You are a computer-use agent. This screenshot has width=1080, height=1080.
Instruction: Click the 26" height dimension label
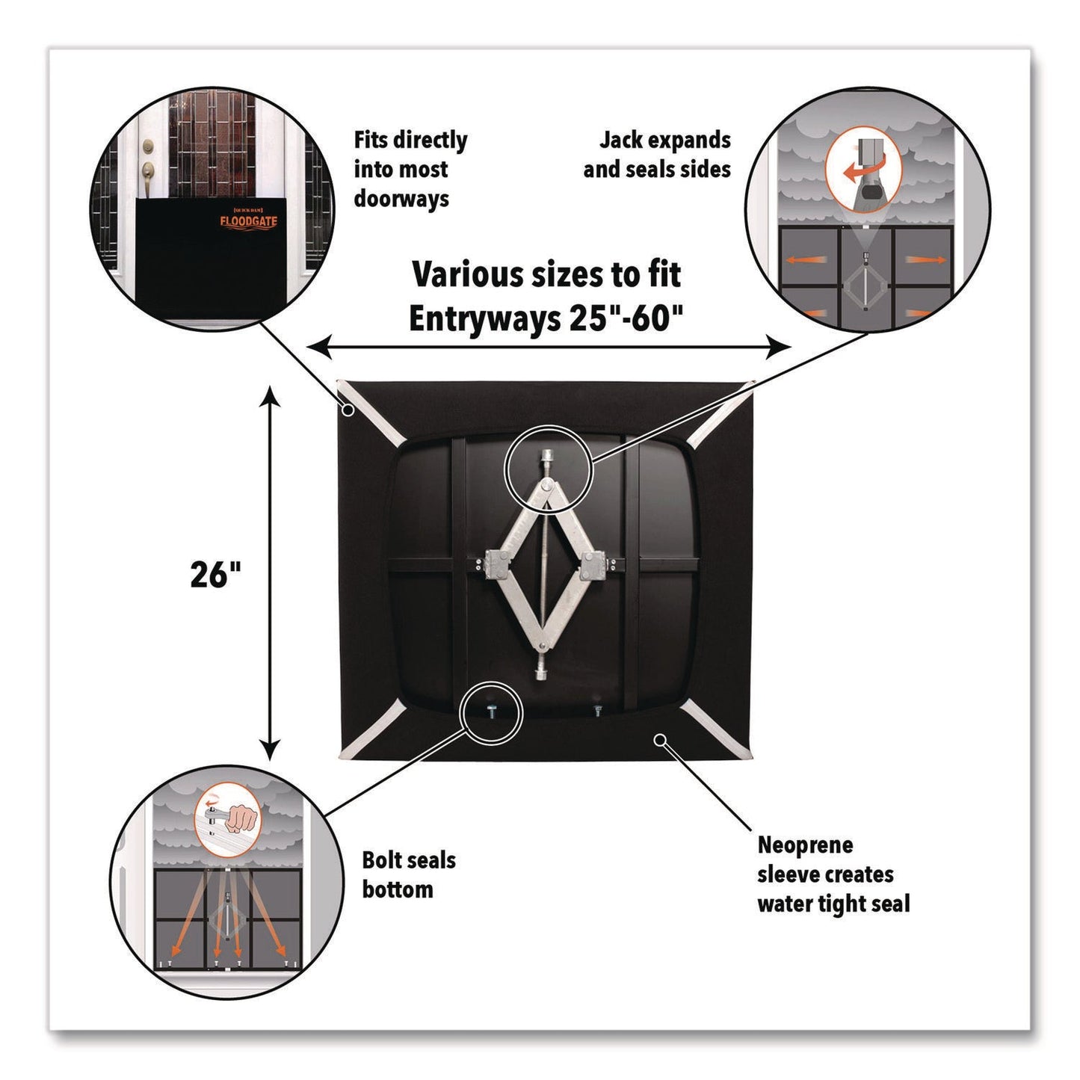point(216,575)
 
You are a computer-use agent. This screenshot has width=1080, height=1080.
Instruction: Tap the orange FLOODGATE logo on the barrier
point(248,222)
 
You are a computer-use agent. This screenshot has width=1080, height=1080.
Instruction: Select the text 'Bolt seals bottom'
point(408,874)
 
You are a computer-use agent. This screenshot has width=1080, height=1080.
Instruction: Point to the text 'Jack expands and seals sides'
point(657,155)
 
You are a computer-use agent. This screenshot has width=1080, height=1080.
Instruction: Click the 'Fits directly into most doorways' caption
point(410,169)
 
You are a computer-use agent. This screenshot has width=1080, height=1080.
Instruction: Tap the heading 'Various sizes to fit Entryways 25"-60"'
point(546,296)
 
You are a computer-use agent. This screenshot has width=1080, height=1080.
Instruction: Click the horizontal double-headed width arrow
point(549,347)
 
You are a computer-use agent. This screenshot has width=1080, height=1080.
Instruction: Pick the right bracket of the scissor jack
point(593,564)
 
